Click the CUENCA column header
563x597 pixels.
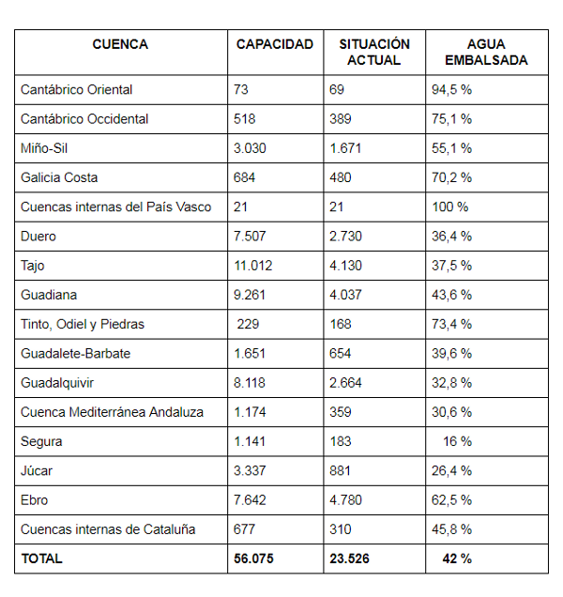(x=120, y=45)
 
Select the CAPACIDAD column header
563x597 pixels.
(x=274, y=45)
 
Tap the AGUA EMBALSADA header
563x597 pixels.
(x=486, y=53)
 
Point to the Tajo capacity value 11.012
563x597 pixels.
(x=253, y=266)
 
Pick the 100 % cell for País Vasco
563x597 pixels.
(x=449, y=207)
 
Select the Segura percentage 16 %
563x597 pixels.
(x=456, y=441)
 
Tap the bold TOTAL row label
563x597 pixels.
(x=42, y=559)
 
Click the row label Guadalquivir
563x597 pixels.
(x=57, y=383)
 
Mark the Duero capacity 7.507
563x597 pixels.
(x=251, y=236)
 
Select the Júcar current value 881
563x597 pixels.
(x=341, y=470)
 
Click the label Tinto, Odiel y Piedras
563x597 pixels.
(x=82, y=324)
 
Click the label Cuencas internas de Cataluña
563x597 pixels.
(x=108, y=529)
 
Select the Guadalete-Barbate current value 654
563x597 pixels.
(x=341, y=353)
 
